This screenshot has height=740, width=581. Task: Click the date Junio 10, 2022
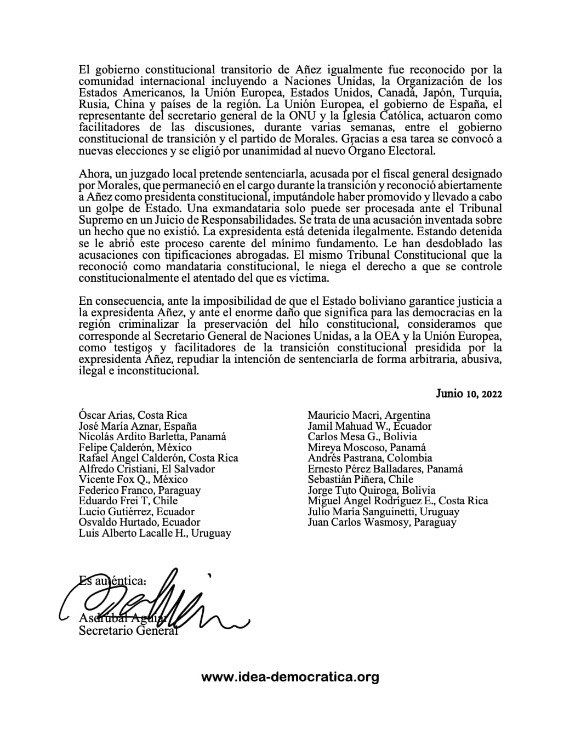point(469,394)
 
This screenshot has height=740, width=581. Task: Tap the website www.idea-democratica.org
point(290,677)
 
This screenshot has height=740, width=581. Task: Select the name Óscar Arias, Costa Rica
point(133,415)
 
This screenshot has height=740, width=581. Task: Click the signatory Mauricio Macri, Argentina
point(369,415)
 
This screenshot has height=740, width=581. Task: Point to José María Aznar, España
point(138,426)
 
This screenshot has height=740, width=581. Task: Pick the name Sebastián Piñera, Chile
point(361,479)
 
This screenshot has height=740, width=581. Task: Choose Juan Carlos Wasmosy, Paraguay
point(382,522)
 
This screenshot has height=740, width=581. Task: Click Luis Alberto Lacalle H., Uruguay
point(155,533)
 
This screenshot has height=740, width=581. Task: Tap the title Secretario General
point(128,631)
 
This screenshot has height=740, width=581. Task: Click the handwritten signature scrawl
point(159,603)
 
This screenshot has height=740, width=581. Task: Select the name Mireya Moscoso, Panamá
point(367,447)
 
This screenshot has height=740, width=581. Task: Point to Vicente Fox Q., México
point(133,479)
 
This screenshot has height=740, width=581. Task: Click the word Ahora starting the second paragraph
point(94,174)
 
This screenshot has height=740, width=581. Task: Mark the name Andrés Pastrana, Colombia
point(370,458)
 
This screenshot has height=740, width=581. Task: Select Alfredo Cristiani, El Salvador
point(146,469)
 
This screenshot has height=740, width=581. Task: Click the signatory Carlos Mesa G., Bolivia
point(362,437)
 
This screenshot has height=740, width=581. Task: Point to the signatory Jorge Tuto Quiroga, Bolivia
point(372,490)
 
